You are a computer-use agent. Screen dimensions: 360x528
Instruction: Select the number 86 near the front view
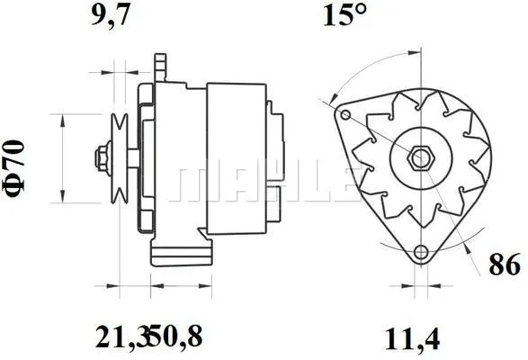pyautogui.click(x=504, y=265)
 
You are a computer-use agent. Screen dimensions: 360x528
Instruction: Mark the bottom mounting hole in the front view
pyautogui.click(x=420, y=253)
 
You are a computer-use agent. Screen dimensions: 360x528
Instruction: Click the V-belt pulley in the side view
pyautogui.click(x=118, y=158)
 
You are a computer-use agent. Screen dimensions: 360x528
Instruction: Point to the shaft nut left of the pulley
pyautogui.click(x=97, y=158)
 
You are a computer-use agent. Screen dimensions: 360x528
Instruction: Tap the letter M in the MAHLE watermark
pyautogui.click(x=197, y=184)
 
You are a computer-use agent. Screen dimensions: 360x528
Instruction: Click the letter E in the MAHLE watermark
pyautogui.click(x=336, y=184)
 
